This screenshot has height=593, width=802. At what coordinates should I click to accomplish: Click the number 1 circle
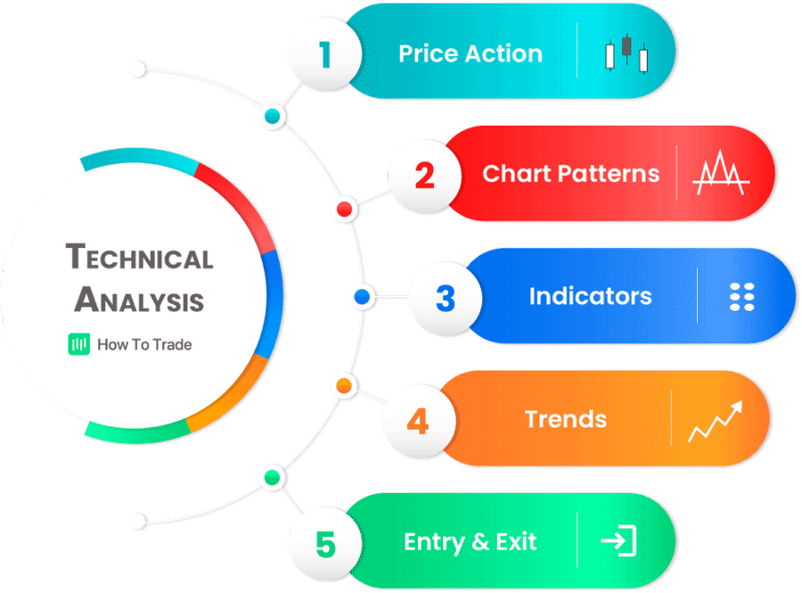click(x=325, y=55)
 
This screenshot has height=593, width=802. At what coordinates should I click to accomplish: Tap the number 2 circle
click(x=424, y=175)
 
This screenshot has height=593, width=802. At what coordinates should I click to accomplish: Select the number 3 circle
click(x=446, y=297)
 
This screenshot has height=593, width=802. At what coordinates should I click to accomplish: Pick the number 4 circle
click(x=417, y=420)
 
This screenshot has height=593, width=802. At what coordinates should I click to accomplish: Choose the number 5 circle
click(x=325, y=543)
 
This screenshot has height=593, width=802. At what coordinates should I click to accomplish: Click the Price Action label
click(x=470, y=54)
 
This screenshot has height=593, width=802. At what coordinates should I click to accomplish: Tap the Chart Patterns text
click(x=570, y=173)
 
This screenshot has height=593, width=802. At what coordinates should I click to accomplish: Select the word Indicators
click(x=590, y=296)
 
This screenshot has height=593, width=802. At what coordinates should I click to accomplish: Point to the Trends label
click(x=565, y=418)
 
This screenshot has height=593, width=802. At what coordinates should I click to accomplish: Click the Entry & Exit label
click(x=470, y=541)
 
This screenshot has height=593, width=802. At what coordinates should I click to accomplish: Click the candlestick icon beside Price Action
click(x=626, y=54)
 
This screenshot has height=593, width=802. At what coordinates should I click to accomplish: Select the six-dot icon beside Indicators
click(x=741, y=297)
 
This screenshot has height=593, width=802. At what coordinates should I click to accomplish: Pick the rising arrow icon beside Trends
click(x=715, y=420)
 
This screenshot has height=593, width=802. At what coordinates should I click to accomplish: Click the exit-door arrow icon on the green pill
click(x=618, y=541)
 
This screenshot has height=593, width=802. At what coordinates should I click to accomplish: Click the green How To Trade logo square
click(x=79, y=345)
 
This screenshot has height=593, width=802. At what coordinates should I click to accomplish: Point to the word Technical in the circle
click(x=140, y=258)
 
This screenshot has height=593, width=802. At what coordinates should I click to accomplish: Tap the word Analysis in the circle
click(x=139, y=300)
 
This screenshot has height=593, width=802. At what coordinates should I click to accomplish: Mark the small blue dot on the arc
click(x=362, y=297)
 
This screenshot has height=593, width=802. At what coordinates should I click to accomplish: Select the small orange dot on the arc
click(x=343, y=386)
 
